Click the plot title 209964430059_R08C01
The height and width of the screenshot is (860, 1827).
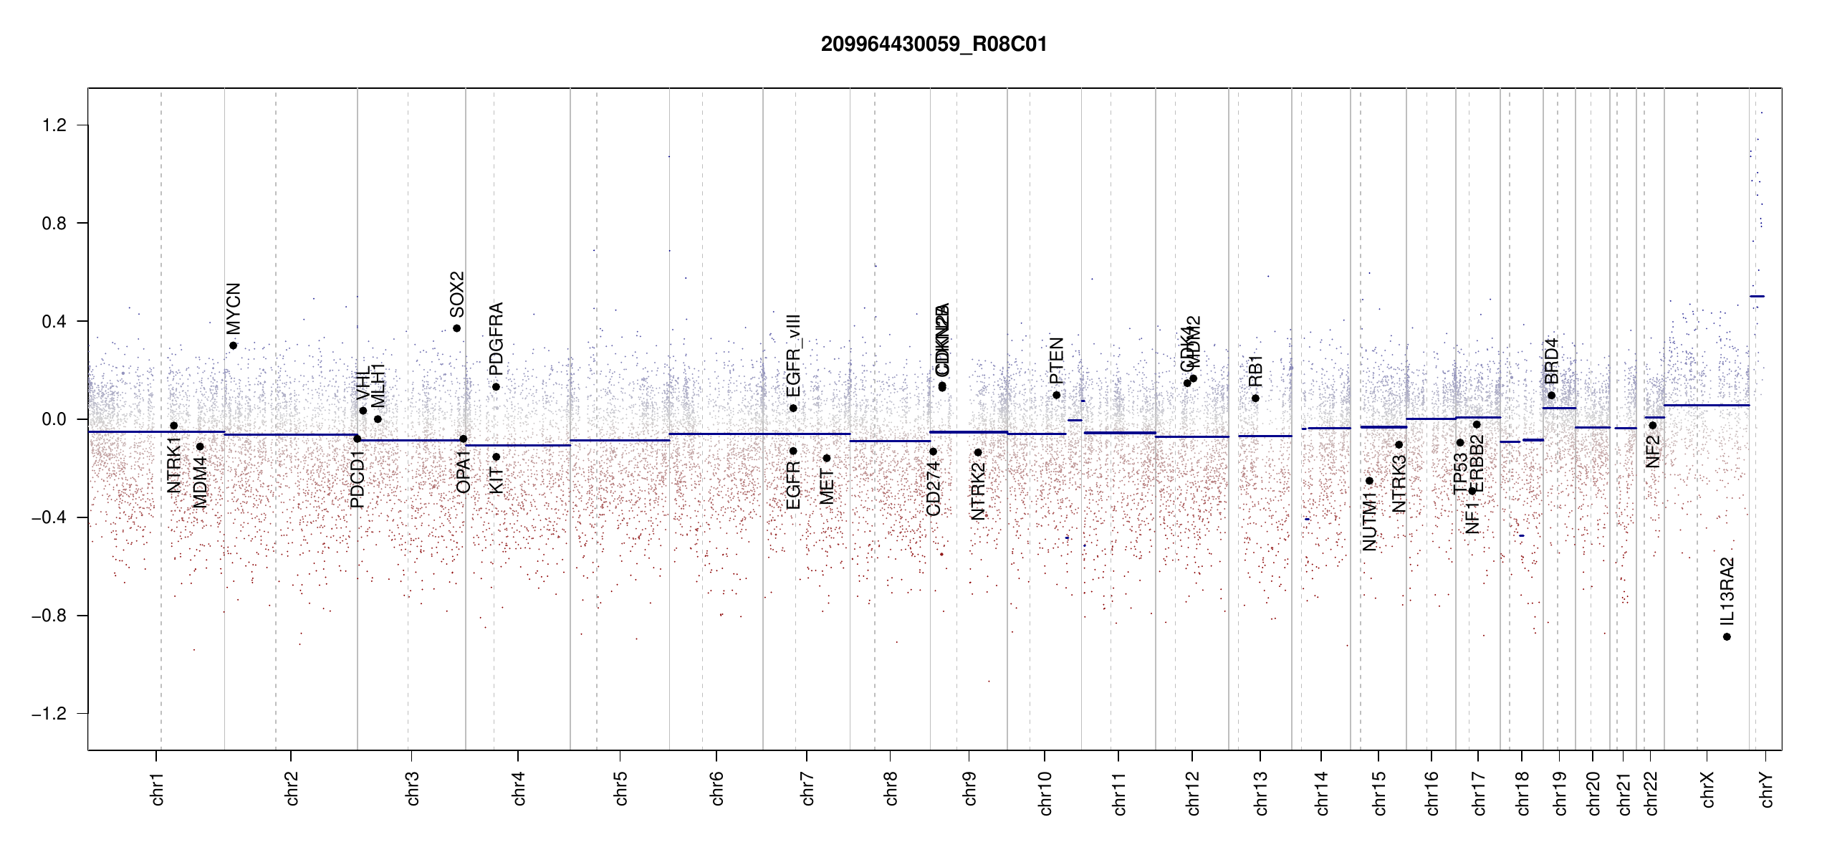point(934,44)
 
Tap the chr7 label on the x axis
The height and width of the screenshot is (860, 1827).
point(807,788)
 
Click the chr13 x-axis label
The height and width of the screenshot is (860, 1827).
point(1261,793)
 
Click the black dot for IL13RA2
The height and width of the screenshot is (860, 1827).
point(1727,636)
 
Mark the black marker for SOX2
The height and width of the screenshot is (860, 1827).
point(456,328)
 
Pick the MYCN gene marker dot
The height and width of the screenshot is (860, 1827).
point(233,345)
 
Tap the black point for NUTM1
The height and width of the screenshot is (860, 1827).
point(1369,481)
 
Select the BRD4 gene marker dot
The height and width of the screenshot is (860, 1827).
point(1551,396)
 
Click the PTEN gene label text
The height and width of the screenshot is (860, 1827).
point(1056,360)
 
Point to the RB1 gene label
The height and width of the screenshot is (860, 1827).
point(1255,371)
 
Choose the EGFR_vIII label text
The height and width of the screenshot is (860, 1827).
point(793,355)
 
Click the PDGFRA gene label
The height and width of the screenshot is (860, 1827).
point(496,339)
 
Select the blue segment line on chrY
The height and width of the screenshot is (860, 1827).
point(1757,296)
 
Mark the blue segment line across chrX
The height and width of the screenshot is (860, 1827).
point(1706,406)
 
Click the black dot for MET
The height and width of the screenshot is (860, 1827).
point(826,458)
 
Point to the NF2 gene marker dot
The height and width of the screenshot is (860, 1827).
point(1652,425)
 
